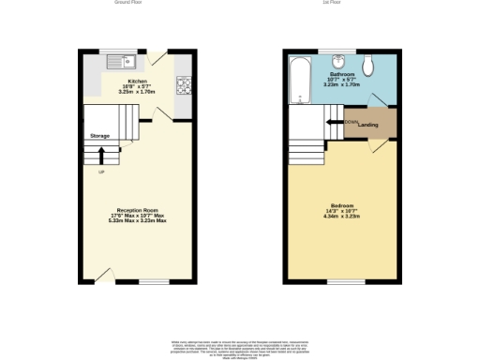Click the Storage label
100,137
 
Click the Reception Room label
141,209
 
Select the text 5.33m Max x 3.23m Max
141,221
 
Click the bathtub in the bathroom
299,82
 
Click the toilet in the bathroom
373,64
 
